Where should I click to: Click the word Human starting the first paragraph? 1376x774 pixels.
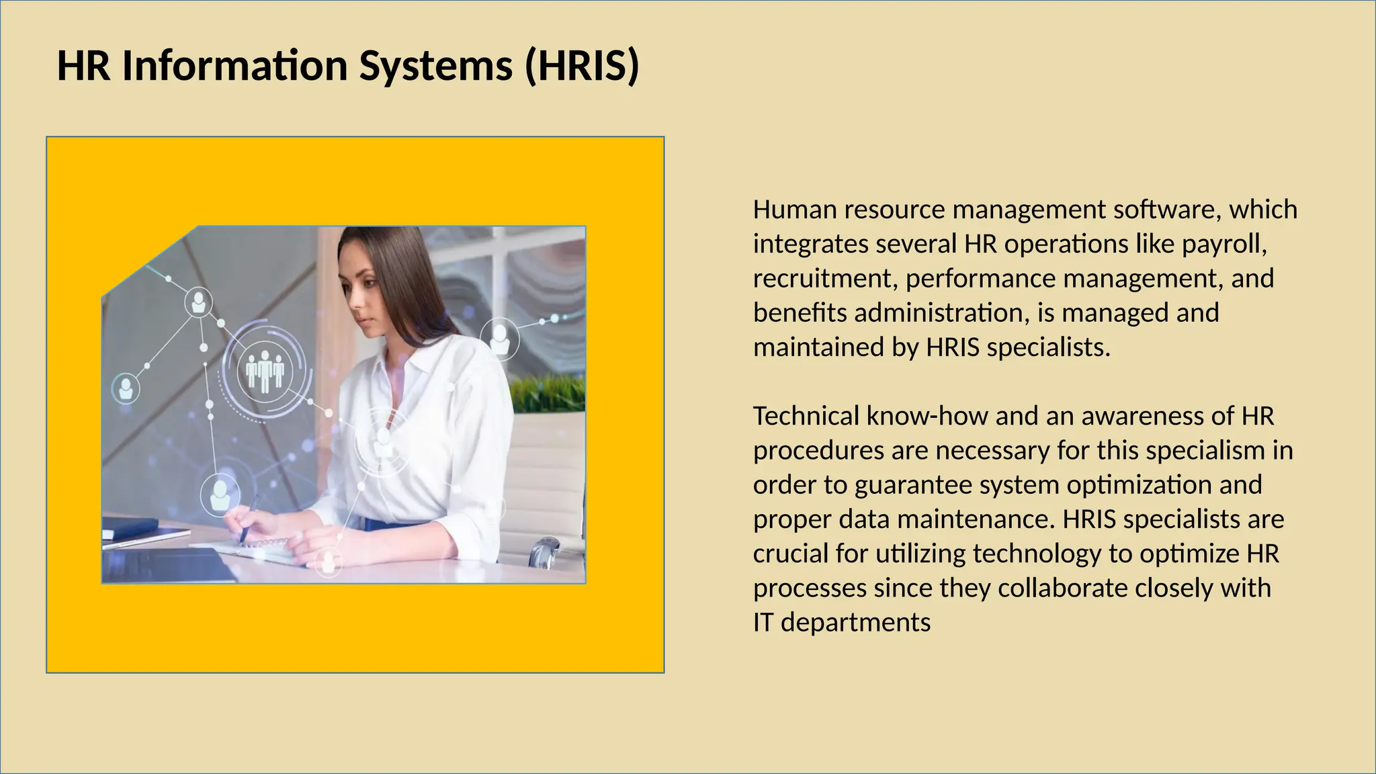click(795, 210)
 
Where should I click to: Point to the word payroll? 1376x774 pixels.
click(1224, 244)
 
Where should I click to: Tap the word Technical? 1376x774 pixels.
click(806, 416)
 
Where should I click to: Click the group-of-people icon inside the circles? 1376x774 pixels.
click(265, 371)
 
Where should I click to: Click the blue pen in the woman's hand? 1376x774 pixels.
click(249, 517)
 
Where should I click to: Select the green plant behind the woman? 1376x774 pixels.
click(548, 393)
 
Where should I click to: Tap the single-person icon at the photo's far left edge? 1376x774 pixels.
click(126, 388)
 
